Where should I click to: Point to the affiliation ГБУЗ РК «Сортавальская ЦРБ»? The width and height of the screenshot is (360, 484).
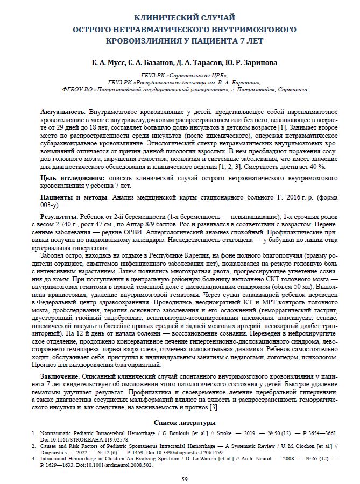click(x=180, y=75)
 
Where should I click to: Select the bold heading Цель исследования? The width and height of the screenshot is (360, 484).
click(x=73, y=177)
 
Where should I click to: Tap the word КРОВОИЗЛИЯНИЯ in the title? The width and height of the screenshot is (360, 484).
click(x=135, y=40)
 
